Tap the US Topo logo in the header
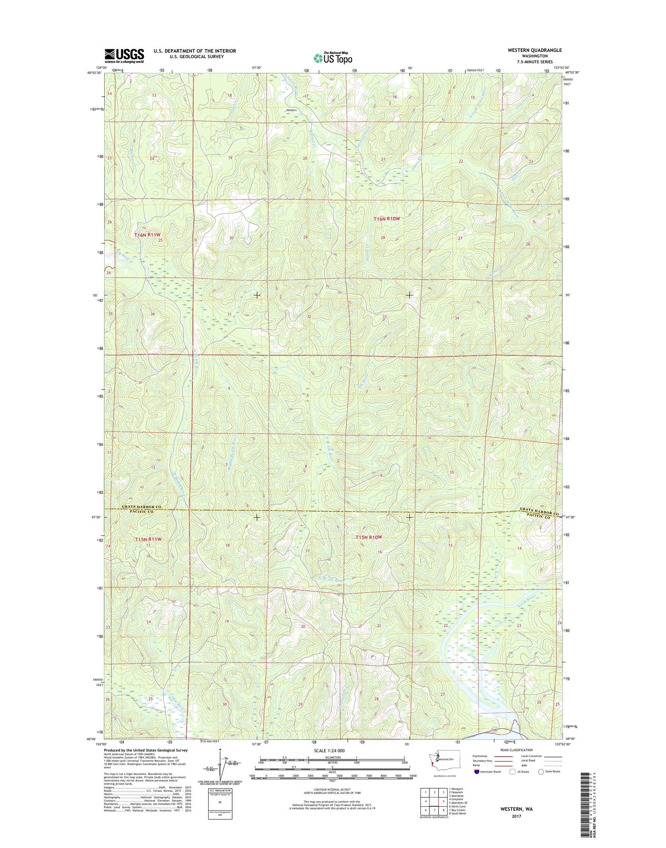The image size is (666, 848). point(333,58)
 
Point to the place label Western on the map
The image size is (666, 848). point(291,110)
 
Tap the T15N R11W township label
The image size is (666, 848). point(148,539)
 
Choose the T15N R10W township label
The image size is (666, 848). point(369,537)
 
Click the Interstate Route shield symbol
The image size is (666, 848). point(476,771)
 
